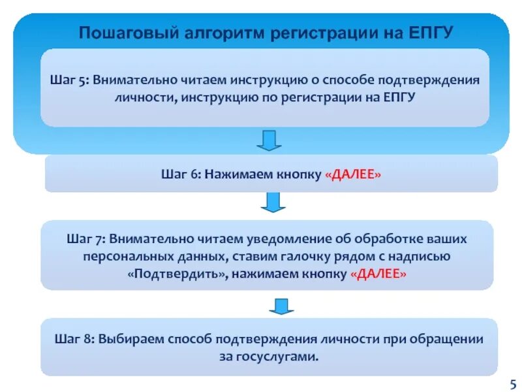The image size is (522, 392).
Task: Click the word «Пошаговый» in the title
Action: (121, 33)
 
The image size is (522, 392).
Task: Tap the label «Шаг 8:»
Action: (74, 340)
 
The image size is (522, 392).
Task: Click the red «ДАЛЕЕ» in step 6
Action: (353, 176)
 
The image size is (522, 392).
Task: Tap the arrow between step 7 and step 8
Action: (279, 304)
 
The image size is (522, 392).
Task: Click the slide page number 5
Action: (512, 383)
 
